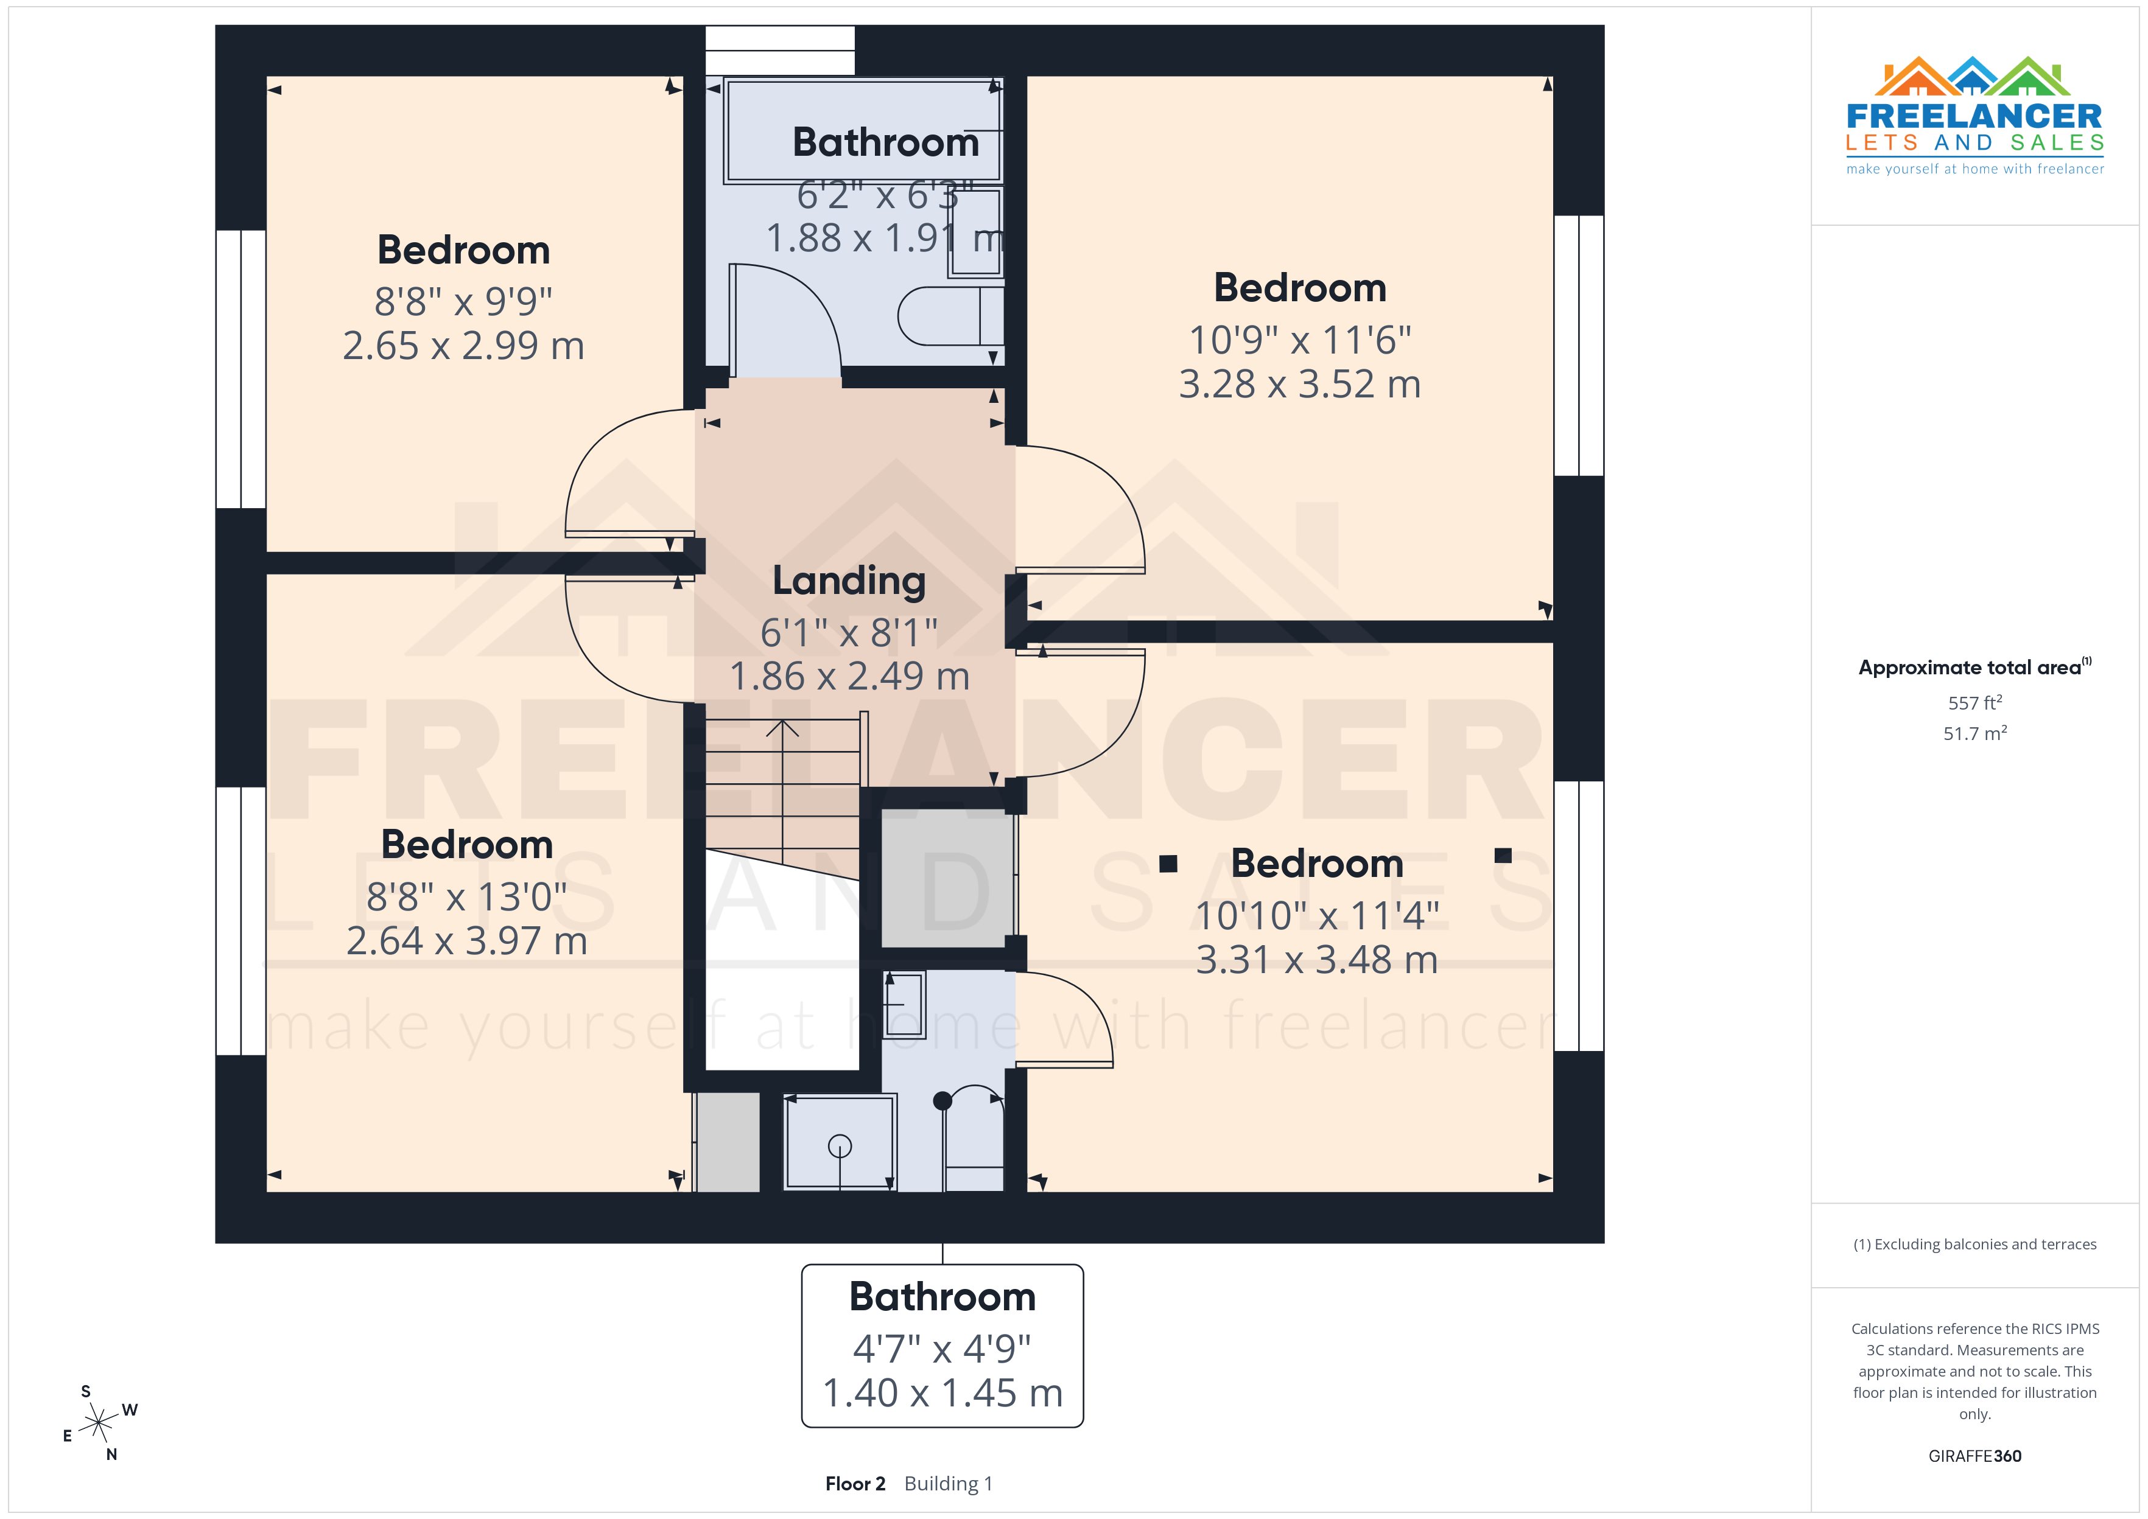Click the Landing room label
[x=849, y=581]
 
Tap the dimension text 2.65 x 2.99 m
[x=463, y=346]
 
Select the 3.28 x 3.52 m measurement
[x=1299, y=385]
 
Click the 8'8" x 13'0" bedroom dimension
[x=466, y=897]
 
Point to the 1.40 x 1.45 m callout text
[x=942, y=1393]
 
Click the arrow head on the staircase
[x=782, y=727]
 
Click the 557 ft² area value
[x=1975, y=702]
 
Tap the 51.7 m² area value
[x=1975, y=733]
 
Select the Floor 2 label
[x=854, y=1484]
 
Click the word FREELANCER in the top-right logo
[x=1974, y=117]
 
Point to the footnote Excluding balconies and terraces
[x=1975, y=1244]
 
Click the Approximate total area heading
[x=1970, y=668]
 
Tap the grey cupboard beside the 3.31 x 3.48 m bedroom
[x=947, y=880]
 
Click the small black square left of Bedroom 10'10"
[x=1168, y=864]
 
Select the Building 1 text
[x=948, y=1484]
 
